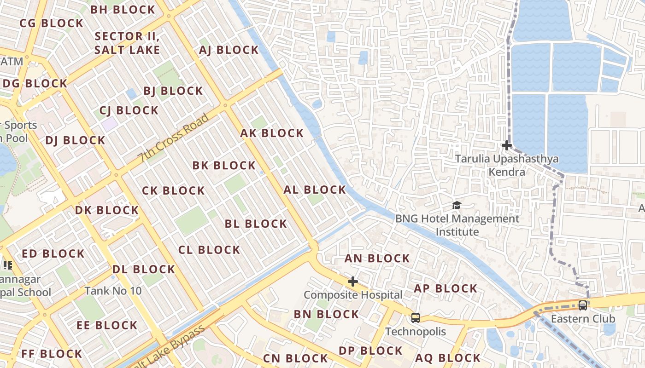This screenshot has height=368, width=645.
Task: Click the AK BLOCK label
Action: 272,133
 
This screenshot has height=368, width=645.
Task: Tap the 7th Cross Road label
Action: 174,138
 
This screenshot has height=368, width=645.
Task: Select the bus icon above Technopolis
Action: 416,317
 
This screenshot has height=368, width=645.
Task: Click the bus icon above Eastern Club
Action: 583,305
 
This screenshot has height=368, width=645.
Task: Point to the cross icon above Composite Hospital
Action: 353,282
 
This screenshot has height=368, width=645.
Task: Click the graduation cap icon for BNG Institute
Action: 457,205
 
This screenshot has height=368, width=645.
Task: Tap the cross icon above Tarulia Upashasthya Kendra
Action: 507,146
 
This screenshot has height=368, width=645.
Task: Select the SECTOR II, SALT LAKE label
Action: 127,43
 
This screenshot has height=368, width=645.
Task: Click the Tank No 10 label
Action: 113,291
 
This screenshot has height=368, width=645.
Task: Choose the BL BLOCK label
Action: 256,224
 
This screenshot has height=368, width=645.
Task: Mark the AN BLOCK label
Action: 377,259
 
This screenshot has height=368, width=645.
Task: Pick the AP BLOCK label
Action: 446,288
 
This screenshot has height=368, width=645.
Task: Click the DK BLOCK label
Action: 107,210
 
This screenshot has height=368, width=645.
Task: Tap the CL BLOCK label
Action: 209,250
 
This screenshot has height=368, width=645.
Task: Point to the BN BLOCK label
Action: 327,314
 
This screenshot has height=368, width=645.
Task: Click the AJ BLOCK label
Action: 229,50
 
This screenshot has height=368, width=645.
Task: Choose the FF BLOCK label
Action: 52,354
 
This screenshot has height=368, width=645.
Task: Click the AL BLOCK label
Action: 315,190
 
